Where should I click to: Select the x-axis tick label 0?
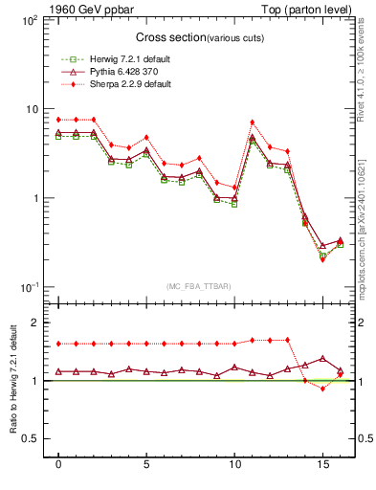pos(58,466)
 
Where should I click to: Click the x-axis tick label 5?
pos(146,466)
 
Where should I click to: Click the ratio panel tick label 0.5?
pos(29,439)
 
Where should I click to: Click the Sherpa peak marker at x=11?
pos(252,122)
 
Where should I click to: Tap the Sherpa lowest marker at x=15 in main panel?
pos(322,259)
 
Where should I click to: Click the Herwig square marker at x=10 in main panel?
pos(234,204)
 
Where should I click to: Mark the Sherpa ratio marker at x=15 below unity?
pos(322,389)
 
